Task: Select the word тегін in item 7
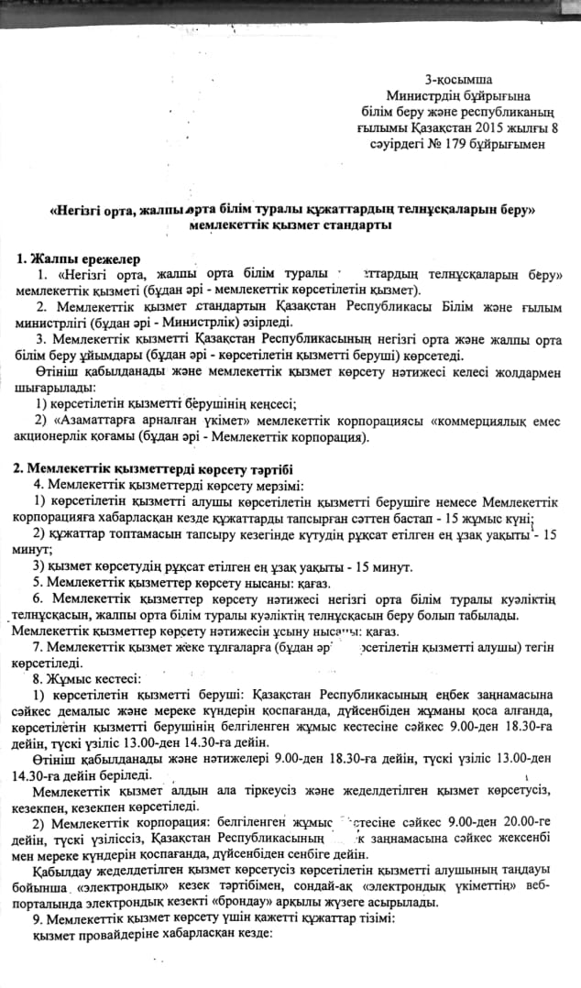click(537, 647)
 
